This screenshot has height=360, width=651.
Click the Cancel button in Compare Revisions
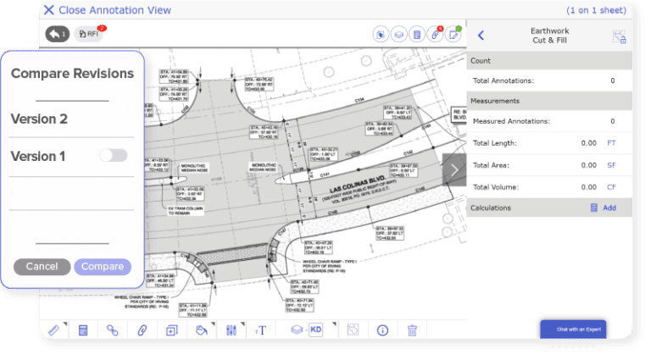42,267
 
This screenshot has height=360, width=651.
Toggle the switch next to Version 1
113,155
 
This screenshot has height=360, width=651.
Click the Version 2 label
39,119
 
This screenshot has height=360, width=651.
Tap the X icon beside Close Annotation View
48,11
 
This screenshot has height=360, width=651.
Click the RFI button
89,34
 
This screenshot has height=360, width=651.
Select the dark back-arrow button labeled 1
58,34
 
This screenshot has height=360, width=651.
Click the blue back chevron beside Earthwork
481,36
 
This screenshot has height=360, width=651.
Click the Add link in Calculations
609,208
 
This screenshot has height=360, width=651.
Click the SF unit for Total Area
611,165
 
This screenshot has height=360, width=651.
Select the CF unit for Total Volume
611,186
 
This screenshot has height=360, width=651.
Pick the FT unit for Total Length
611,143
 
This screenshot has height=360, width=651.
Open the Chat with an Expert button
573,329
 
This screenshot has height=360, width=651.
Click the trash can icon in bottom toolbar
412,330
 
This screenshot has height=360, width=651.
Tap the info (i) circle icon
382,330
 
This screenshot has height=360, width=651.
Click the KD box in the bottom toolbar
315,330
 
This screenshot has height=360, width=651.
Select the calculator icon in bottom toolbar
83,330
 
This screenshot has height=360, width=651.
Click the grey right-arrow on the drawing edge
454,169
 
